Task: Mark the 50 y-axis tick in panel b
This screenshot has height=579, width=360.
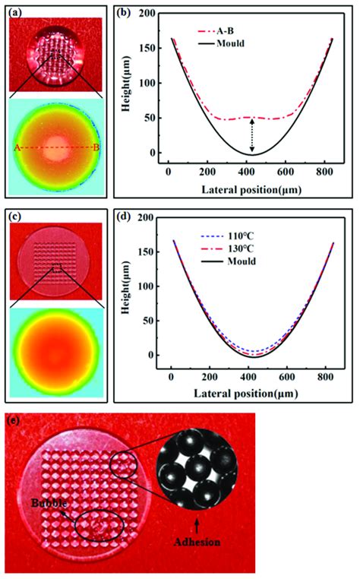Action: tap(155, 119)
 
